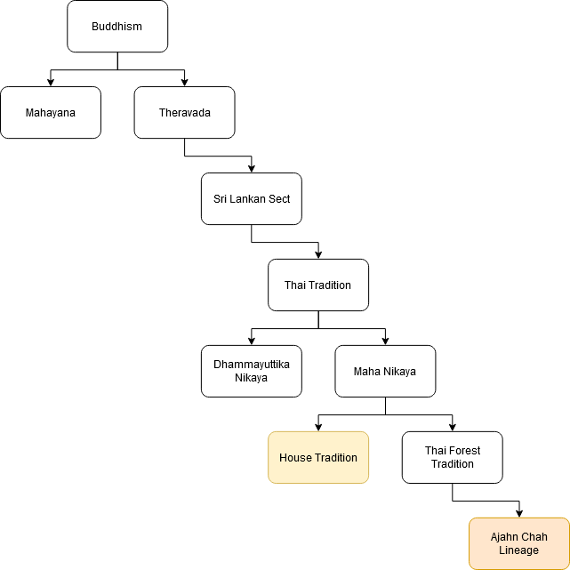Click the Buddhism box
point(117,27)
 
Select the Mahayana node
point(51,113)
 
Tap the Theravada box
point(184,113)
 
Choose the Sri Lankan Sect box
point(252,199)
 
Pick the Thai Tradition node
point(318,285)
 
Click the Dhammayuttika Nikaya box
point(252,371)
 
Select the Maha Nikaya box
point(385,372)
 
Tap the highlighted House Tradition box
point(318,458)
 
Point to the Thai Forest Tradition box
point(453,458)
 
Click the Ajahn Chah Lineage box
point(519,543)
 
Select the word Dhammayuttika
point(252,365)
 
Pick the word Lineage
point(519,550)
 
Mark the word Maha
point(366,372)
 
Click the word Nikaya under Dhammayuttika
point(252,378)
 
